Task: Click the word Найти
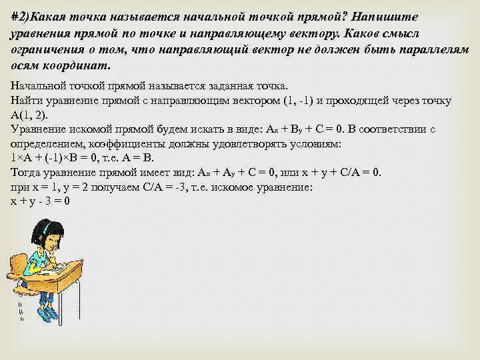[27, 101]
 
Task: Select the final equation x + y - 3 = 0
[41, 201]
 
